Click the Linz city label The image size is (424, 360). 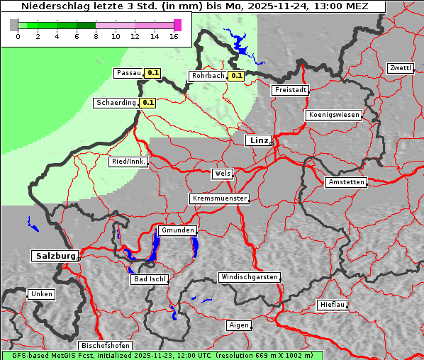[x=258, y=140]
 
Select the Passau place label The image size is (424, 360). [x=128, y=73]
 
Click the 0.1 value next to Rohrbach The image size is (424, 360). [x=236, y=76]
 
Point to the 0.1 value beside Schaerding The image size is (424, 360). [x=147, y=103]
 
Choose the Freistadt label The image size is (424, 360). [x=290, y=90]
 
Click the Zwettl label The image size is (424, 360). [x=400, y=68]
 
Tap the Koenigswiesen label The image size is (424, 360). [x=333, y=115]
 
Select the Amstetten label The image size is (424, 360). [x=346, y=182]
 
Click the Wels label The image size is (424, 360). [x=222, y=174]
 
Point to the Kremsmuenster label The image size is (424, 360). [x=220, y=198]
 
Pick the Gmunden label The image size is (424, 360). [x=177, y=230]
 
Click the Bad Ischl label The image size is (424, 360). [x=150, y=279]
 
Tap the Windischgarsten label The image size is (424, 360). [x=248, y=277]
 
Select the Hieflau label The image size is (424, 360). [x=333, y=305]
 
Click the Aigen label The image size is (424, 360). [x=239, y=325]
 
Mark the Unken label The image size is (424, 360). [x=40, y=293]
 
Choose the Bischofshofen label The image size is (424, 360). [x=104, y=345]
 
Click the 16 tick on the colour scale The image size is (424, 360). [x=174, y=36]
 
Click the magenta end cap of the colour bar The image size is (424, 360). [x=177, y=25]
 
